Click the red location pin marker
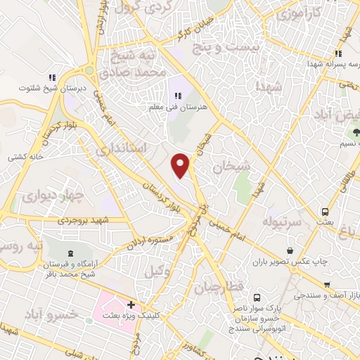click(181, 165)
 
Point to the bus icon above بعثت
click(325, 211)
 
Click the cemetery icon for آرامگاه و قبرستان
click(69, 253)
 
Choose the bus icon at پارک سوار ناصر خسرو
click(257, 297)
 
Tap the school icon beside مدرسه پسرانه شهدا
click(338, 53)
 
